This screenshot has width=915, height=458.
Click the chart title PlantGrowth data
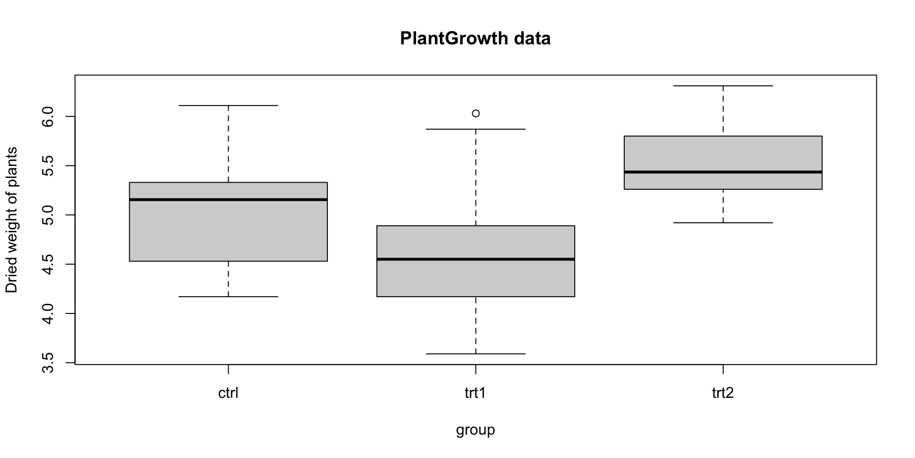coord(475,38)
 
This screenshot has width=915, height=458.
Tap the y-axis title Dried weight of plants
coord(11,219)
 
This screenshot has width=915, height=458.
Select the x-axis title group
coord(475,430)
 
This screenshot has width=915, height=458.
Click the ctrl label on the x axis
coord(228,393)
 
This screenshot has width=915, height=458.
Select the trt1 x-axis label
coord(475,393)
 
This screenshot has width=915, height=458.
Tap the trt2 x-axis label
coord(723,393)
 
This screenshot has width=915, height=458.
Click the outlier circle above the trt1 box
coord(476,114)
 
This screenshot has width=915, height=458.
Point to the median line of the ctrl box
coord(228,199)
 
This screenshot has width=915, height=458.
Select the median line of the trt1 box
coord(476,259)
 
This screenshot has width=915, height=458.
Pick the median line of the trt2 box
coord(723,172)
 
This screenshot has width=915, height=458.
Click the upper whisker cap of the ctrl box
coord(228,105)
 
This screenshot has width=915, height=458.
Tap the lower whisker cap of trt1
coord(476,354)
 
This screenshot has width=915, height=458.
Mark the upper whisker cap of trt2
coord(723,86)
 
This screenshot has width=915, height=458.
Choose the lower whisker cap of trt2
coord(723,223)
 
